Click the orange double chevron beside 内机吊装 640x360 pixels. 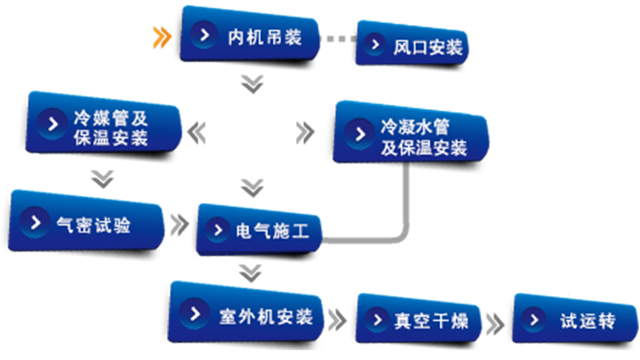(162, 38)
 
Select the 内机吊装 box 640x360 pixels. (249, 36)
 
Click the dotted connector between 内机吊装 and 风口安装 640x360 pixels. (338, 39)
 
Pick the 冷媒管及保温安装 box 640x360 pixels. (104, 124)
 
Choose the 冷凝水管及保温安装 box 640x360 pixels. (411, 133)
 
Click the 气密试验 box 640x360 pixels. (86, 222)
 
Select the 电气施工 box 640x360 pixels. (259, 231)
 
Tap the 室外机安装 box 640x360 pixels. (245, 314)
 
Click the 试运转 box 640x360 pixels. (575, 319)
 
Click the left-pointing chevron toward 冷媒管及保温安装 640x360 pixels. (197, 133)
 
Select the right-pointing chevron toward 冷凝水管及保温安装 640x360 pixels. (305, 133)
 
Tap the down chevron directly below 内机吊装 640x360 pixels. (252, 84)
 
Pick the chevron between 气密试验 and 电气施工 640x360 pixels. (179, 225)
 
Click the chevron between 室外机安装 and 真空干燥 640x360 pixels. (337, 320)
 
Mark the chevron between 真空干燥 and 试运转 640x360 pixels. (495, 324)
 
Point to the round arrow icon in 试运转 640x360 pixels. (533, 319)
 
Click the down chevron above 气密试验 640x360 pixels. (102, 179)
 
